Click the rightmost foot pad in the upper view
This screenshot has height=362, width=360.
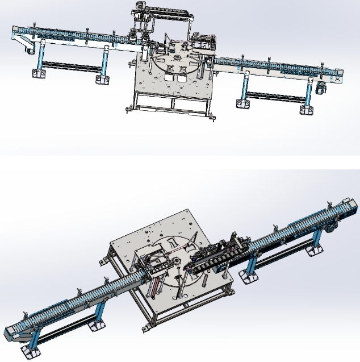click(306, 107)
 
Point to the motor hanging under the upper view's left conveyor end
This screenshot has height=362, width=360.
click(27, 51)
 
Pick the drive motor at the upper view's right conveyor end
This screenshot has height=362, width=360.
click(322, 86)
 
